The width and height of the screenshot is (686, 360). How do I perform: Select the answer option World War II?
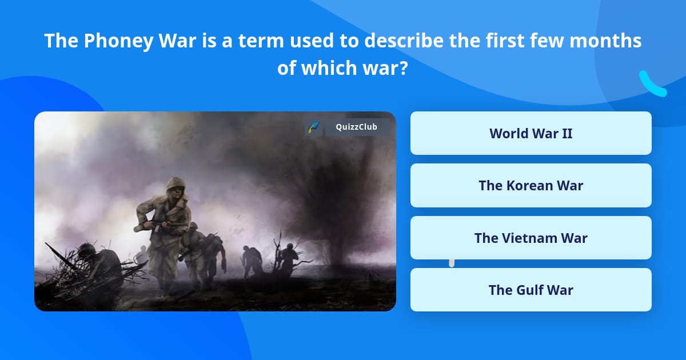click(531, 133)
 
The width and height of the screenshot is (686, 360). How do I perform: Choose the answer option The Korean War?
click(531, 185)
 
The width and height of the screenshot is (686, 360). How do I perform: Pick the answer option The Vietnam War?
click(531, 238)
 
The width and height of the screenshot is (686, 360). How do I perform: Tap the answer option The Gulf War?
click(531, 290)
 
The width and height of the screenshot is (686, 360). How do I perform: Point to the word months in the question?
click(605, 41)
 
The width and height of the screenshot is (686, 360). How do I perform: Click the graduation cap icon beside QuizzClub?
click(313, 127)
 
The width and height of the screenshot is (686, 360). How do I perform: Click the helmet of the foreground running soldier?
click(176, 185)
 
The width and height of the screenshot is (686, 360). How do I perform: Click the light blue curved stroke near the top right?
click(652, 84)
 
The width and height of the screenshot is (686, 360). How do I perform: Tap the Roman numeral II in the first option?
click(566, 133)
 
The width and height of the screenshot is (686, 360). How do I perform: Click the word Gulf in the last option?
click(529, 290)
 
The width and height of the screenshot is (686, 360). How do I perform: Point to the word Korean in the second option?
click(529, 185)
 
